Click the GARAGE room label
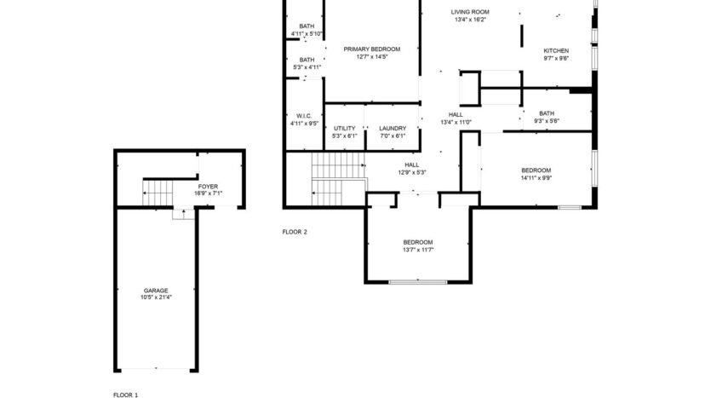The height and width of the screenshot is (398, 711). point(156,290)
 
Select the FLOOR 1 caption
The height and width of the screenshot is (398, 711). point(125,395)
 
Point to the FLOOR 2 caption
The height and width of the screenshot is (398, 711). point(295,232)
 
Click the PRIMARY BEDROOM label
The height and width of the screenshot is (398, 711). point(372,49)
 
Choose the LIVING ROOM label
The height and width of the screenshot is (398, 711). point(470,12)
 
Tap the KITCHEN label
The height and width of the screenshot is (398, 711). point(556,51)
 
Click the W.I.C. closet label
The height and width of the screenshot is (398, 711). point(304,115)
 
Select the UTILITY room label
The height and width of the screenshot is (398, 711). point(344,128)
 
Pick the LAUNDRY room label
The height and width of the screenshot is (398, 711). point(393,128)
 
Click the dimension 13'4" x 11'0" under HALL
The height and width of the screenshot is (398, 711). point(456,122)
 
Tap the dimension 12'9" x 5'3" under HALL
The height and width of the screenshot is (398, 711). point(411,172)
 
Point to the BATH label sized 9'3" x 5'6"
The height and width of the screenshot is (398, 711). point(547,113)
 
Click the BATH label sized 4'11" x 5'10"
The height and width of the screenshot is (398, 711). point(307,26)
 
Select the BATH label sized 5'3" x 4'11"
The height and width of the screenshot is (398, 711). point(307,60)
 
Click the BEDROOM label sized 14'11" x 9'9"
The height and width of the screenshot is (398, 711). point(536,170)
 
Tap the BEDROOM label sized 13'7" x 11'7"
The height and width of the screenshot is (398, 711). point(418,242)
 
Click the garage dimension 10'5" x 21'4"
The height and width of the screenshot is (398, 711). point(156,297)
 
